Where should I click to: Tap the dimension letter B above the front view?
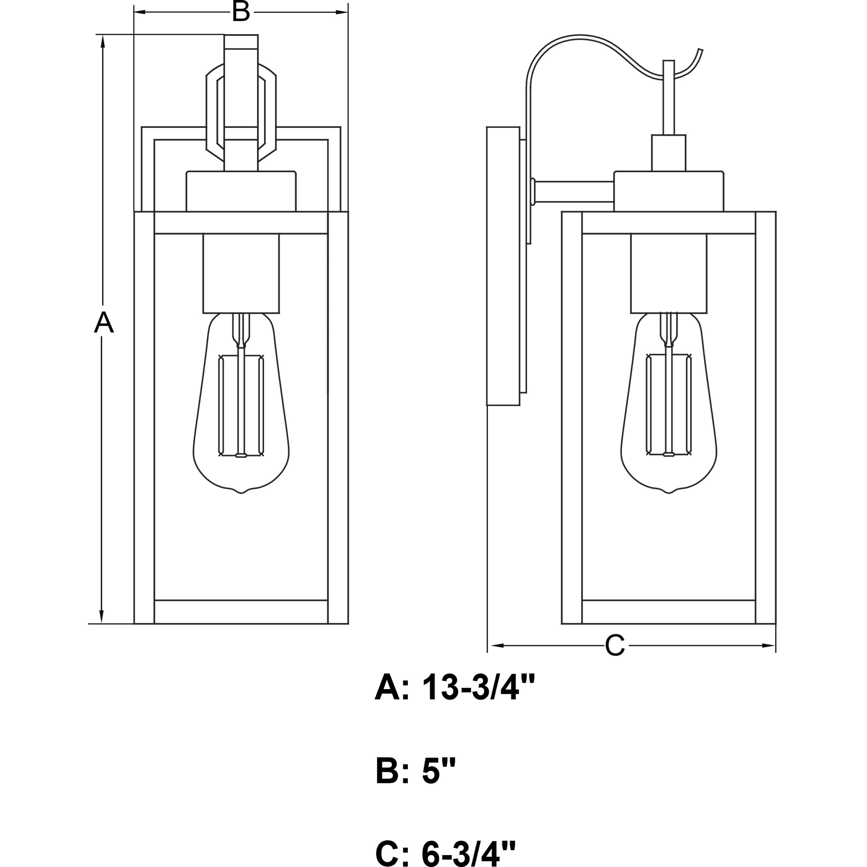pyautogui.click(x=241, y=12)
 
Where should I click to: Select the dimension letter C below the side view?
pyautogui.click(x=615, y=645)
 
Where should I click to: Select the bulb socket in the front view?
pyautogui.click(x=241, y=273)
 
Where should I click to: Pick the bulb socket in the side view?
pyautogui.click(x=668, y=273)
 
